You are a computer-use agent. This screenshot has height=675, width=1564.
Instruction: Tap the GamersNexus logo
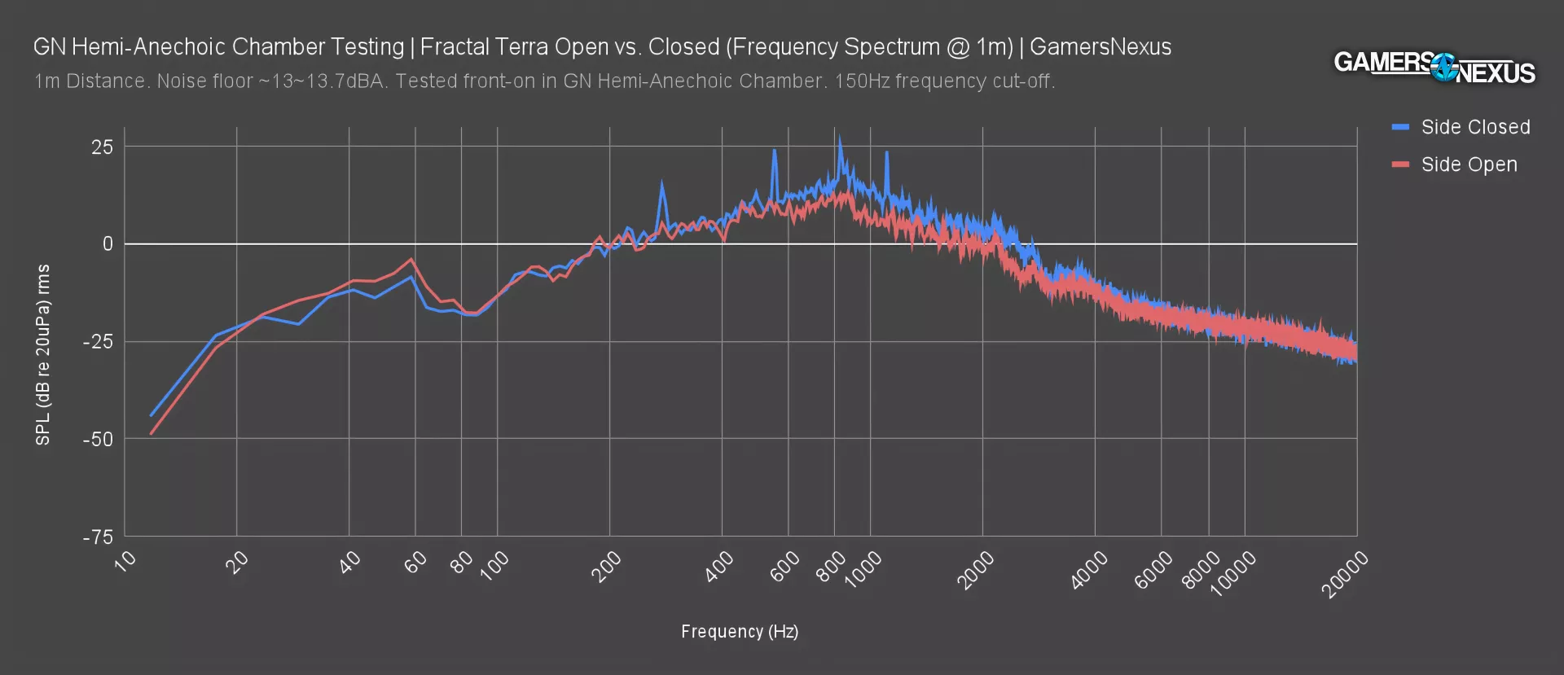1434,67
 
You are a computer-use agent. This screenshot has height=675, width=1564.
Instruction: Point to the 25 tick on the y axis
103,147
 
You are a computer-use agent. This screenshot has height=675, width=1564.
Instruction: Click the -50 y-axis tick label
98,439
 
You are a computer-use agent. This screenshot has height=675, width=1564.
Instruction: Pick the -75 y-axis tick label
98,537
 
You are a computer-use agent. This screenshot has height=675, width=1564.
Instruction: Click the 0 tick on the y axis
108,244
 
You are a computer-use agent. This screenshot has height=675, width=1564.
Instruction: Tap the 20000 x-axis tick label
1345,574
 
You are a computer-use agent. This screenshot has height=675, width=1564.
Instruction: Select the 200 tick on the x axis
606,567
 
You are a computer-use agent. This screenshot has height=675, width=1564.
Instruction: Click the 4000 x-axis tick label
1089,569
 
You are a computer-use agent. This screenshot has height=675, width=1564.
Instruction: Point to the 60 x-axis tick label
416,562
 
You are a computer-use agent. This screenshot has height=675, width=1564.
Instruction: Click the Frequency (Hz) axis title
740,632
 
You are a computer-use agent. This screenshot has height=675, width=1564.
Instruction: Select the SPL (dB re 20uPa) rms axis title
43,354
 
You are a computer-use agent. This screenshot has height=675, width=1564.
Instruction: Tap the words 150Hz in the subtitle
862,81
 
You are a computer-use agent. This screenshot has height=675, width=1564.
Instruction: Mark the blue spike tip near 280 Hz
661,183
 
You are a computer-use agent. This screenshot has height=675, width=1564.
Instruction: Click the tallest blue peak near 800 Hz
839,138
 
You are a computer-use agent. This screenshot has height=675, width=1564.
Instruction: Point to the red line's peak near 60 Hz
411,259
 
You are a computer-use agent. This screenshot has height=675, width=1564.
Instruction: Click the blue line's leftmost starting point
151,416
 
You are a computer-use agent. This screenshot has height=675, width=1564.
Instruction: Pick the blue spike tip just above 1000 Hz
886,152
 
